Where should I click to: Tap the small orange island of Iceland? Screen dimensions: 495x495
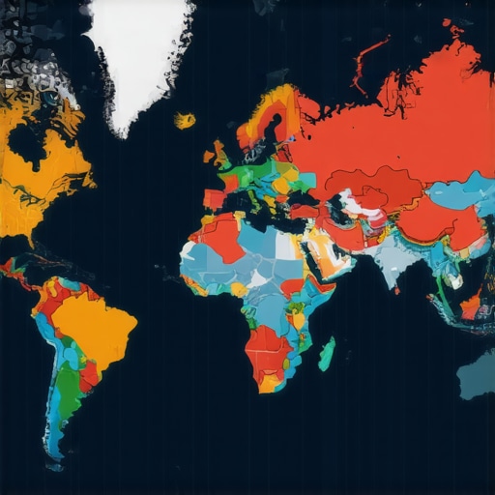[184, 121]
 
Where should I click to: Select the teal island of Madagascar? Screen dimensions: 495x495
[327, 352]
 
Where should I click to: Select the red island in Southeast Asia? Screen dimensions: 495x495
[470, 307]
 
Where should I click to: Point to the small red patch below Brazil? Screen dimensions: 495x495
[89, 372]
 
